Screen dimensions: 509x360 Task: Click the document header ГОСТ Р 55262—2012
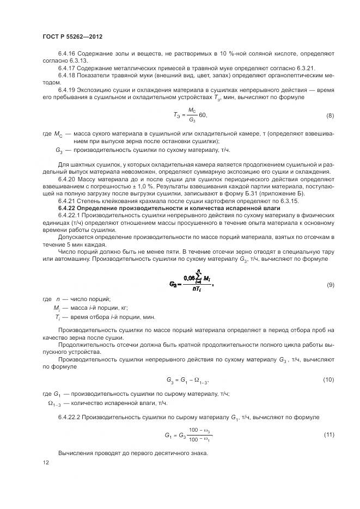pos(72,37)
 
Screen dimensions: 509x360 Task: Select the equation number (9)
pos(330,285)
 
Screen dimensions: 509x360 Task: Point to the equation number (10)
pos(328,379)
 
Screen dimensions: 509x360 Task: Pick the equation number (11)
pos(328,435)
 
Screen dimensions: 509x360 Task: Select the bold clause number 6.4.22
pos(69,208)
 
